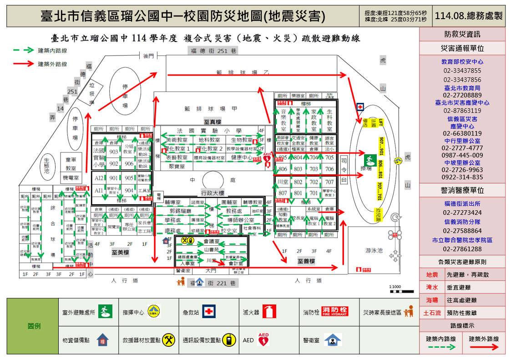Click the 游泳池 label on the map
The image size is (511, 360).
click(374, 250)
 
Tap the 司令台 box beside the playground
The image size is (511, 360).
click(344, 170)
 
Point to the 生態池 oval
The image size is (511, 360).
click(47, 166)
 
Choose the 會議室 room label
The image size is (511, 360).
click(211, 241)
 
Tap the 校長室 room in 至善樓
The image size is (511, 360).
click(298, 218)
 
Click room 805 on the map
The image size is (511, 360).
click(283, 157)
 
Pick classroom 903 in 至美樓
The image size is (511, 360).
click(113, 152)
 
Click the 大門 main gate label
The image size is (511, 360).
click(211, 270)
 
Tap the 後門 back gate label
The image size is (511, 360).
click(149, 56)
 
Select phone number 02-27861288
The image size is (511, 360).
click(462, 249)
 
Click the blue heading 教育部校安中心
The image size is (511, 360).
click(462, 61)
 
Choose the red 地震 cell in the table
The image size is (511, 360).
click(432, 275)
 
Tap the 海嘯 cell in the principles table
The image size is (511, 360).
click(432, 300)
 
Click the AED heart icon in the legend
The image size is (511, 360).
click(263, 339)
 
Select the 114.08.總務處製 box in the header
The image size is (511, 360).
click(469, 16)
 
